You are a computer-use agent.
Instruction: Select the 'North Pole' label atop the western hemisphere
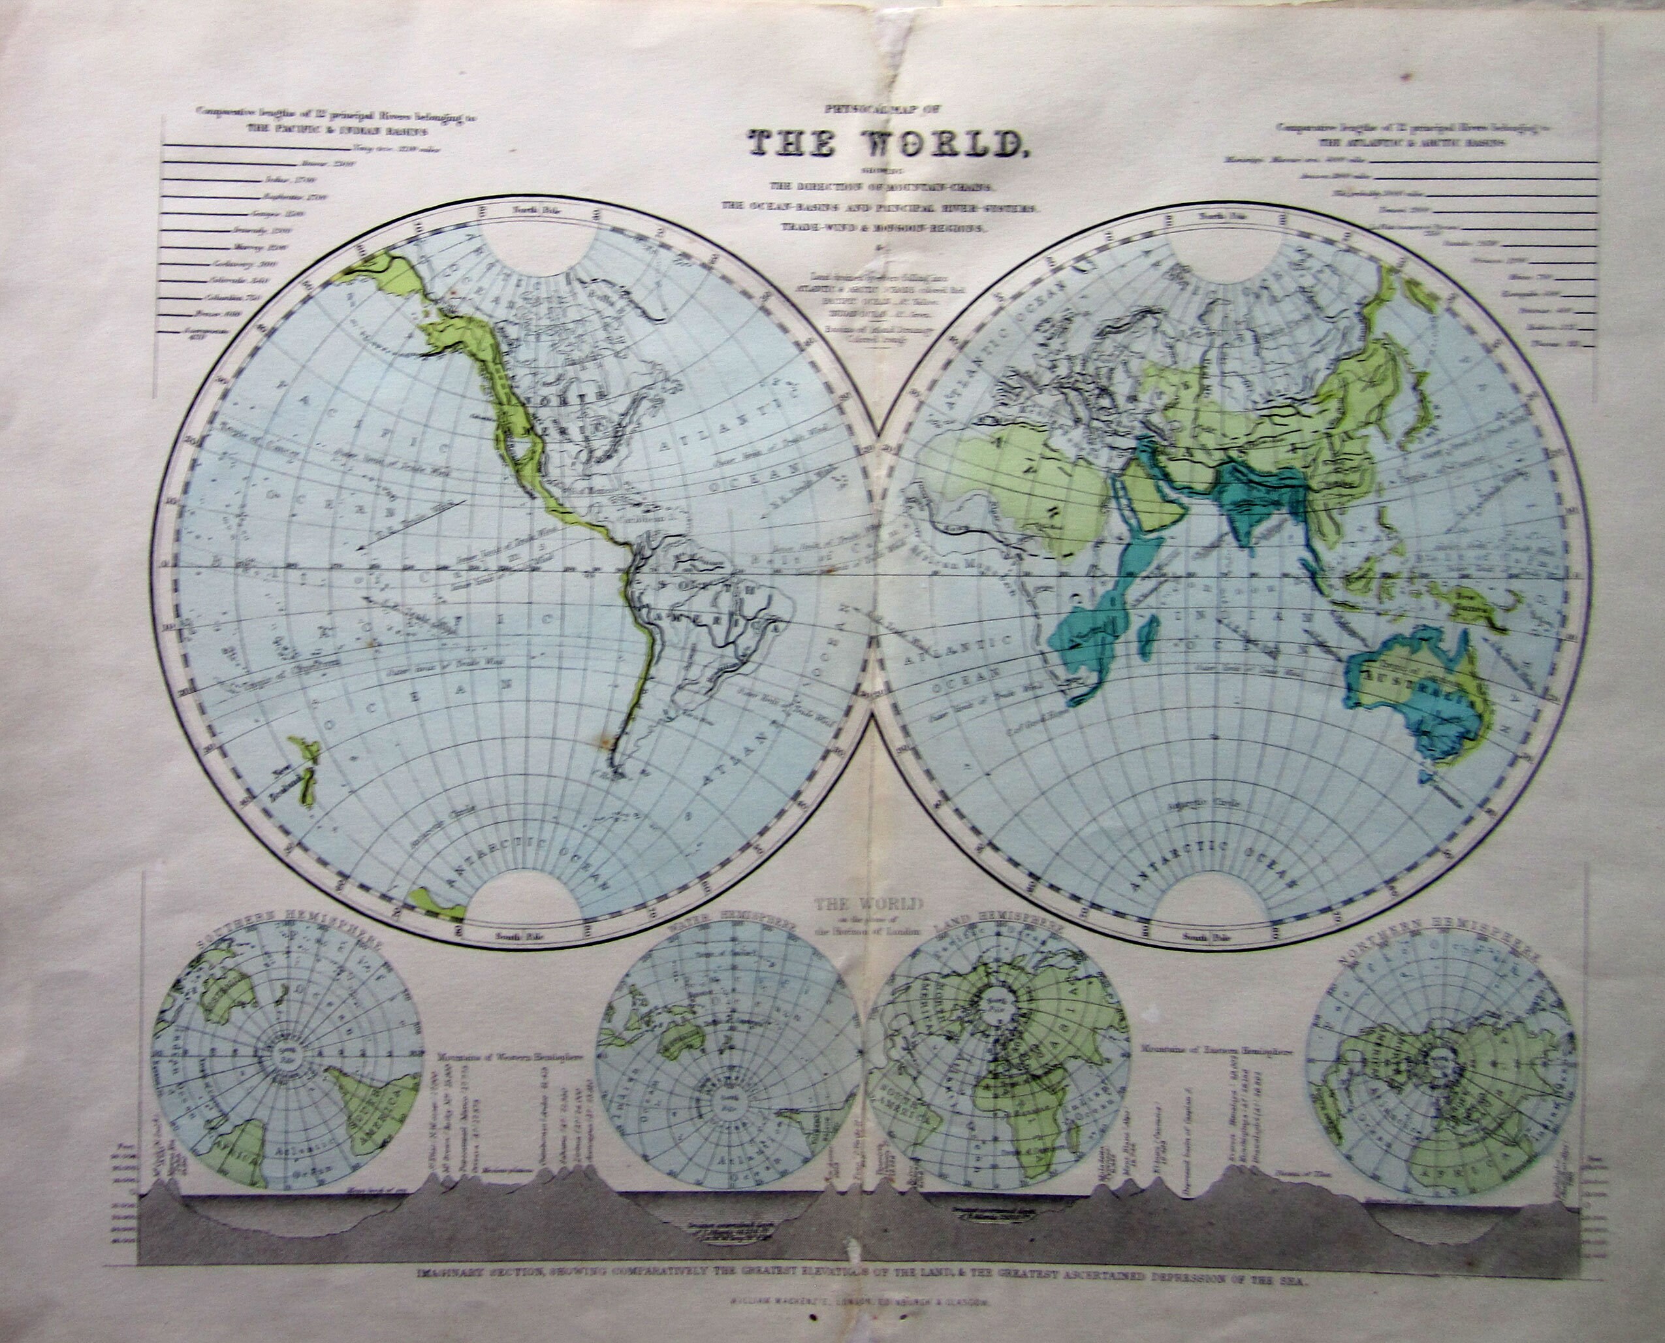click(x=539, y=210)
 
